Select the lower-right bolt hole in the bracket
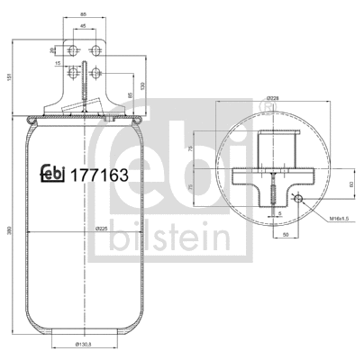[x=96, y=71]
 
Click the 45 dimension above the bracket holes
[x=84, y=26]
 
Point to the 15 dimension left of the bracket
[x=57, y=64]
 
